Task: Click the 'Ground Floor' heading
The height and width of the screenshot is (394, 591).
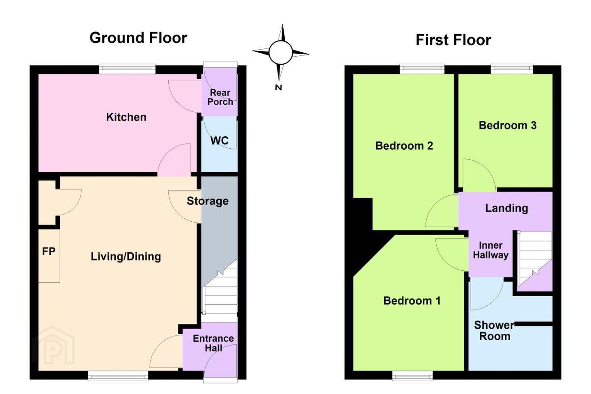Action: pyautogui.click(x=138, y=38)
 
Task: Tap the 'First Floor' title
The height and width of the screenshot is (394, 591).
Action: pyautogui.click(x=453, y=40)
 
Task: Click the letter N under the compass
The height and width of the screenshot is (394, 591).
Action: pyautogui.click(x=278, y=87)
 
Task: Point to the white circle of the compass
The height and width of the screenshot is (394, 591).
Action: pyautogui.click(x=281, y=53)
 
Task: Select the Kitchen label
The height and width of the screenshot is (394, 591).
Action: pyautogui.click(x=126, y=117)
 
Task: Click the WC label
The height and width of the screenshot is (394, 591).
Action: pyautogui.click(x=219, y=141)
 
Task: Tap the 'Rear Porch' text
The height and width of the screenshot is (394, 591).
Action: pyautogui.click(x=220, y=97)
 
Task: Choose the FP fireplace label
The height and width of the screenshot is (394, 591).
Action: pyautogui.click(x=49, y=252)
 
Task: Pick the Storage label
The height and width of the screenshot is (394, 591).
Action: pyautogui.click(x=208, y=201)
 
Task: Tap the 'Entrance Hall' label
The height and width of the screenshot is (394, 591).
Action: pyautogui.click(x=213, y=344)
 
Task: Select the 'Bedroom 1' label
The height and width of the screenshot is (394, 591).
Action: pyautogui.click(x=412, y=301)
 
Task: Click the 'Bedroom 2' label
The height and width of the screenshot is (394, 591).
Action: pyautogui.click(x=404, y=146)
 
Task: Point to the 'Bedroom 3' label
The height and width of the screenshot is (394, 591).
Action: pyautogui.click(x=508, y=125)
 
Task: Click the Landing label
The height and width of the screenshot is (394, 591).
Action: pyautogui.click(x=506, y=208)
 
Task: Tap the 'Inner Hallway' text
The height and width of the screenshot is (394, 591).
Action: pyautogui.click(x=491, y=250)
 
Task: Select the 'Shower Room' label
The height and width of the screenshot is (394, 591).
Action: pyautogui.click(x=494, y=331)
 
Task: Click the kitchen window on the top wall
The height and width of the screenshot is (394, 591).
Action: pyautogui.click(x=127, y=69)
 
